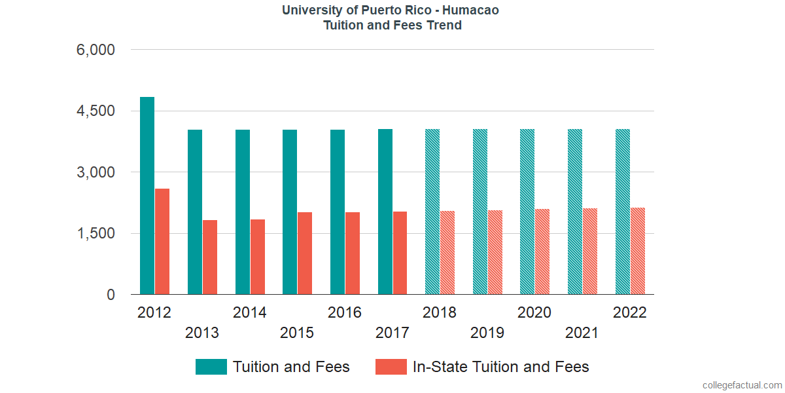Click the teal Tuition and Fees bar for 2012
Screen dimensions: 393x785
(147, 196)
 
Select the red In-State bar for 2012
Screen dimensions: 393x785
(162, 242)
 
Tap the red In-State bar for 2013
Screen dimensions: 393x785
(210, 257)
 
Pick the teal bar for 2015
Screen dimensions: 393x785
(290, 212)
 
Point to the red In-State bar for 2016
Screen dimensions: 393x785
(353, 253)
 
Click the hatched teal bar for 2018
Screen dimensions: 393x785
(432, 212)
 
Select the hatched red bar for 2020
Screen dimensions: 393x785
(542, 252)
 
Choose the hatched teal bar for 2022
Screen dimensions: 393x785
(623, 212)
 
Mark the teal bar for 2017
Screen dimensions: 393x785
(385, 212)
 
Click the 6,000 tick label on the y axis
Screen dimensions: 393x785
(96, 50)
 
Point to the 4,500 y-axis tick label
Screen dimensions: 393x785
(96, 111)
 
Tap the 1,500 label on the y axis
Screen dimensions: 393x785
(96, 234)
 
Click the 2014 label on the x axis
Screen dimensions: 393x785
(249, 312)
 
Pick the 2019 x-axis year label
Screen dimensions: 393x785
(487, 333)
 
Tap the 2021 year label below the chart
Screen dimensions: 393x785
(582, 333)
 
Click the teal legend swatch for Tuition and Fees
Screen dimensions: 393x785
(211, 367)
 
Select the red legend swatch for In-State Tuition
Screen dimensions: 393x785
(391, 367)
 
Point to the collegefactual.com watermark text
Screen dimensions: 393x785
(741, 385)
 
